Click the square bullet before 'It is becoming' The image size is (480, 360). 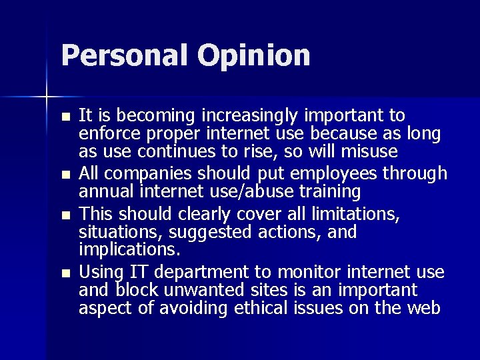click(65, 117)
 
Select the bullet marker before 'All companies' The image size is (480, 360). click(65, 175)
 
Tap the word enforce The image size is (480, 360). click(106, 135)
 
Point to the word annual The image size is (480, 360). click(104, 192)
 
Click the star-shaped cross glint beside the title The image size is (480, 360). click(46, 95)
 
